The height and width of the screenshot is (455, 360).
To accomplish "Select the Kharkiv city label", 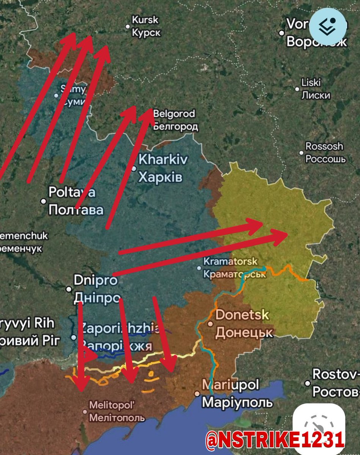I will click(x=163, y=168).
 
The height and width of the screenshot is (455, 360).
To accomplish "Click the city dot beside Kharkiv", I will click(x=134, y=169).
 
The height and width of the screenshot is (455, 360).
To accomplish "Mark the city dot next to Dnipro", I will click(x=69, y=289).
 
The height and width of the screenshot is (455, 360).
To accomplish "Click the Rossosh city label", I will click(x=325, y=152).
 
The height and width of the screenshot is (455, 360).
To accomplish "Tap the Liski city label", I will click(x=316, y=89).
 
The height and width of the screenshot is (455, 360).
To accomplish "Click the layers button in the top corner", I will click(x=328, y=26).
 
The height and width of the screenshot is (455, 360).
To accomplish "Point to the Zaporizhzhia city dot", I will click(x=74, y=337).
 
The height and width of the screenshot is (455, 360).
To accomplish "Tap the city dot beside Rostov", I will click(x=308, y=383).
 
